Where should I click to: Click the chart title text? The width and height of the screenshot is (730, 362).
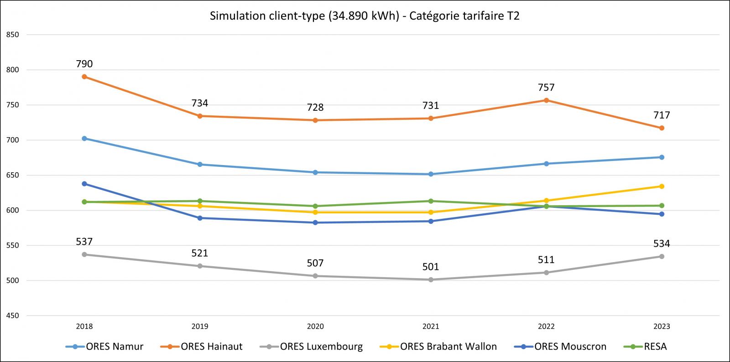365,16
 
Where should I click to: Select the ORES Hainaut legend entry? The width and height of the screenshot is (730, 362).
202,346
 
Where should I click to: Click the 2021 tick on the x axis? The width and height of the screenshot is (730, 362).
431,326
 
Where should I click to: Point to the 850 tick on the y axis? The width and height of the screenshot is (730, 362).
13,35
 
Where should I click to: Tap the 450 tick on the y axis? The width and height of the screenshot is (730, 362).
13,315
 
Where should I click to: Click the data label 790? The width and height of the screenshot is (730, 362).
84,64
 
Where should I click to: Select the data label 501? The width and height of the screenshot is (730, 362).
431,267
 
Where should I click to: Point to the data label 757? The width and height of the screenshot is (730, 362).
546,88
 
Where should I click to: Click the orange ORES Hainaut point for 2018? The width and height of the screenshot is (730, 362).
84,77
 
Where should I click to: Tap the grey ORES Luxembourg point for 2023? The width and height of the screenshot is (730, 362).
662,256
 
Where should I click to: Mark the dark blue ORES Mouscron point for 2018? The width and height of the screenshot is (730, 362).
84,184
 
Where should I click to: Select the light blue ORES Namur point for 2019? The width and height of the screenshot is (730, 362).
200,165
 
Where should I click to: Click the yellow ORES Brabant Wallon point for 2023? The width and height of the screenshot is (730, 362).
662,186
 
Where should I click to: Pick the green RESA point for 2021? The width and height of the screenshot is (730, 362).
431,201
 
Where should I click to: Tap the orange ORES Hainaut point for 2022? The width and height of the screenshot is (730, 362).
546,100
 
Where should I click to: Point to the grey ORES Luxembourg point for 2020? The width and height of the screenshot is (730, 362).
315,276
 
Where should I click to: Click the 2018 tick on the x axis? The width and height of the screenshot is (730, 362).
84,326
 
